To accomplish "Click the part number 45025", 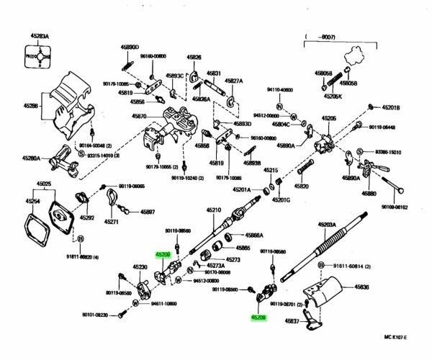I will (x=45, y=185).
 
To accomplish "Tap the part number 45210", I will (x=215, y=210).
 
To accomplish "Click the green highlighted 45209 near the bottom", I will (x=258, y=315).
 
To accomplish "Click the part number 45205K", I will (x=333, y=96).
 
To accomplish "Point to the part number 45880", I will (x=369, y=194).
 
